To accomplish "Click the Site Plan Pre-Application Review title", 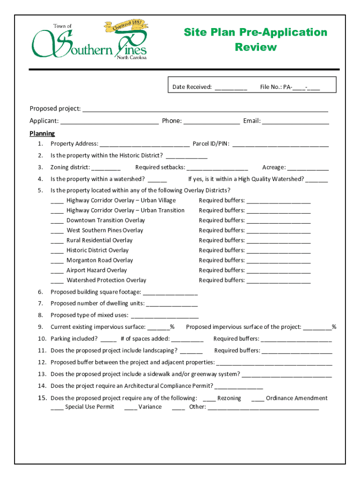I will pos(255,40).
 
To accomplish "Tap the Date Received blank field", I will pos(231,87).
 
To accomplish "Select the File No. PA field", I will pos(306,87).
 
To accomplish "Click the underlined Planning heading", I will pos(42,134).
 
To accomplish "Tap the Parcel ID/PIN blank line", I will pos(281,145).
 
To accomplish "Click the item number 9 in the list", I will pos(41,327).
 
